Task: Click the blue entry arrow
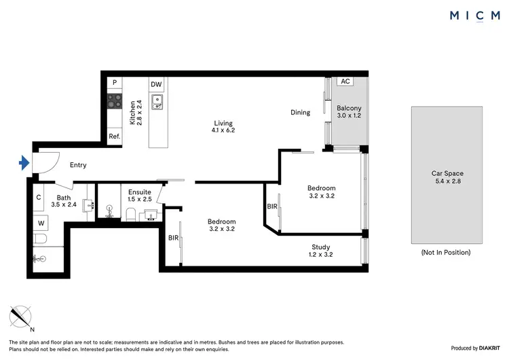coord(24,162)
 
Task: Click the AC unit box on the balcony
coord(345,82)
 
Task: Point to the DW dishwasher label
coord(157,84)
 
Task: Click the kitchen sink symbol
coord(157,102)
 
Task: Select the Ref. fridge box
coord(115,137)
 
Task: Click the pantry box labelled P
coord(115,83)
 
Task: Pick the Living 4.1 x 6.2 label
coord(223,126)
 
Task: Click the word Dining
coord(300,113)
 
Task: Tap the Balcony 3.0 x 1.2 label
coord(350,112)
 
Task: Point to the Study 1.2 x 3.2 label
coord(321,251)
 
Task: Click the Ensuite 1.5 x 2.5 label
coord(140,196)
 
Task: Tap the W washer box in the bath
coord(41,222)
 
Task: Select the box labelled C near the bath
coord(39,198)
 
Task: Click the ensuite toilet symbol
coord(130,215)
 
